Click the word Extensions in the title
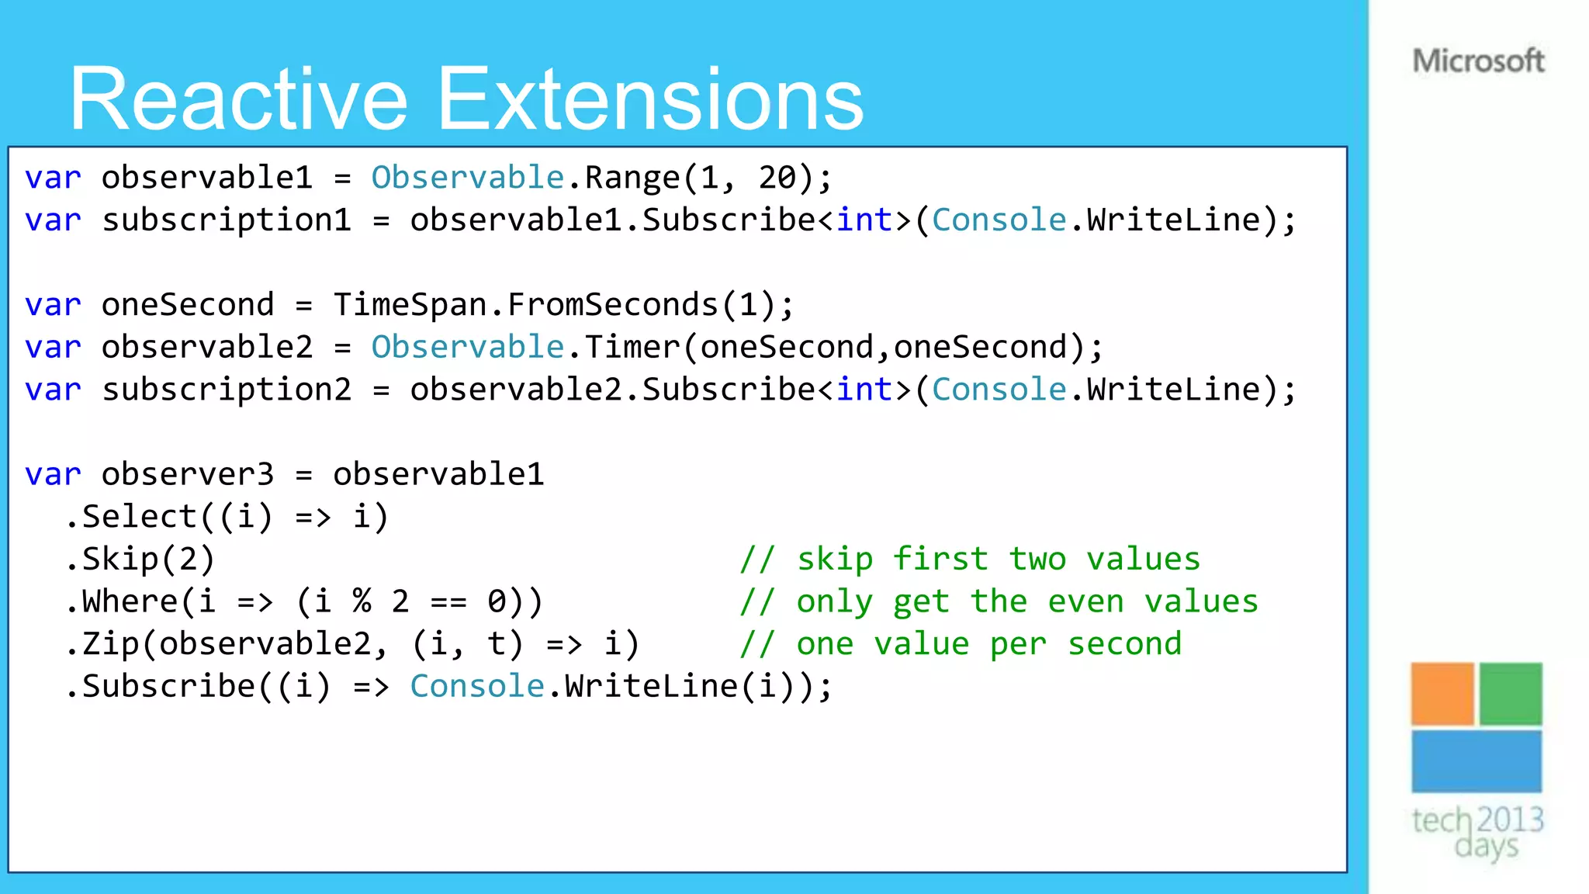point(650,100)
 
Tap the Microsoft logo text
point(1478,61)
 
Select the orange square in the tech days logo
point(1442,694)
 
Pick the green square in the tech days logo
point(1511,694)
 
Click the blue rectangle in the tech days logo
point(1476,761)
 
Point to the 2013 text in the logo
point(1511,819)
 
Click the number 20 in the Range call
point(777,178)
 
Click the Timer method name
point(632,347)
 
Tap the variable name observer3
point(188,474)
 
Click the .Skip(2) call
point(140,560)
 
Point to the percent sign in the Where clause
point(362,601)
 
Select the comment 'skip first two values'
point(970,560)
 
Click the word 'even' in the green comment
point(1085,601)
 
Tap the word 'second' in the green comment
point(1124,644)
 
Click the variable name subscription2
point(227,390)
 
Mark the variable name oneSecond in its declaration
point(188,305)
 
